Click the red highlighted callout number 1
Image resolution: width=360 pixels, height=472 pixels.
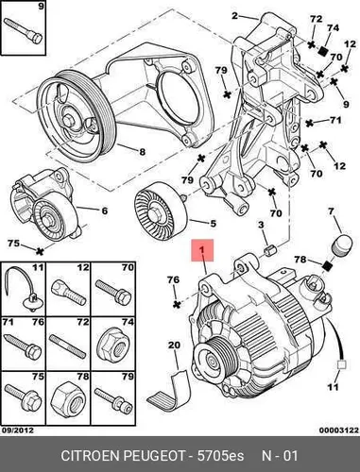pos(202,250)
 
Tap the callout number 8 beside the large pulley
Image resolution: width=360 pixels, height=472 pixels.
pos(143,152)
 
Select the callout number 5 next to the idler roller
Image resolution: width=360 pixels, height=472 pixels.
pos(213,224)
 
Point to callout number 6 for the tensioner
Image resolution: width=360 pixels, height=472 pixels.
pos(105,211)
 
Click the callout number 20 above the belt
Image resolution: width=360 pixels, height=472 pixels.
pos(174,346)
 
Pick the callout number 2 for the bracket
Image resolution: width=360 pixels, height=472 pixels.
pos(234,15)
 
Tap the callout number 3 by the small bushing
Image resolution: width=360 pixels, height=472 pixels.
pos(261,226)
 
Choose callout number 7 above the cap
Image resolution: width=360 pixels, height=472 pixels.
pos(331,211)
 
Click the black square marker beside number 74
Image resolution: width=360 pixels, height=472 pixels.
pos(322,51)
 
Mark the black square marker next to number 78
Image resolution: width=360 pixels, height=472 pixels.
pos(328,265)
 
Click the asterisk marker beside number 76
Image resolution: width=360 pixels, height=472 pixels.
pos(178,304)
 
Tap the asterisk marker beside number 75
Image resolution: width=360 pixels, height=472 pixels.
pos(40,251)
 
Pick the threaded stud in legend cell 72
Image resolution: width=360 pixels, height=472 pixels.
pos(68,346)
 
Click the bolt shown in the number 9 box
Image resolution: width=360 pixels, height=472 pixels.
pos(23,31)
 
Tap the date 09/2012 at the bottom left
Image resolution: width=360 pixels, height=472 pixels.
pos(18,430)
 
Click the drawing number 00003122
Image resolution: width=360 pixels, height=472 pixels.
pos(339,430)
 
